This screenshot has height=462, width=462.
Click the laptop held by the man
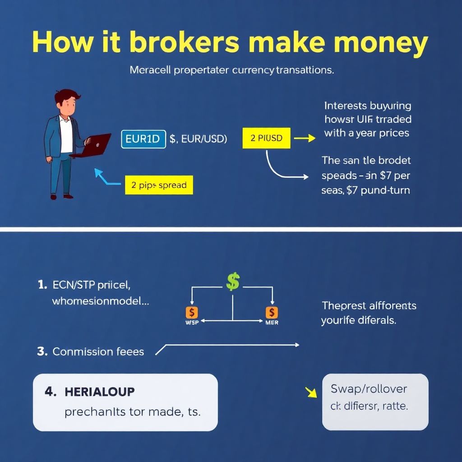[x=93, y=144]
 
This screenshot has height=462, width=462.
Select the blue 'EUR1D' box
[x=143, y=139]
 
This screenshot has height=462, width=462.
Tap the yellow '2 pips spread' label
[x=158, y=185]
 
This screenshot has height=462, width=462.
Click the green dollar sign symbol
[x=232, y=282]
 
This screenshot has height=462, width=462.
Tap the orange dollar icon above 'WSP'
[x=192, y=312]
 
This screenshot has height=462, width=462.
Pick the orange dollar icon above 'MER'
[x=272, y=312]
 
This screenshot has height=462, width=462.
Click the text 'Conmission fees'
[x=98, y=351]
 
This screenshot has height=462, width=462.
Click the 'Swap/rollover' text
[x=369, y=388]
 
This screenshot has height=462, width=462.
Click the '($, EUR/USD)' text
[x=198, y=139]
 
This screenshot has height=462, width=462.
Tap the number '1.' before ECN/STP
[x=42, y=285]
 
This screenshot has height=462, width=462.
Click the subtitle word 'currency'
[x=246, y=70]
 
